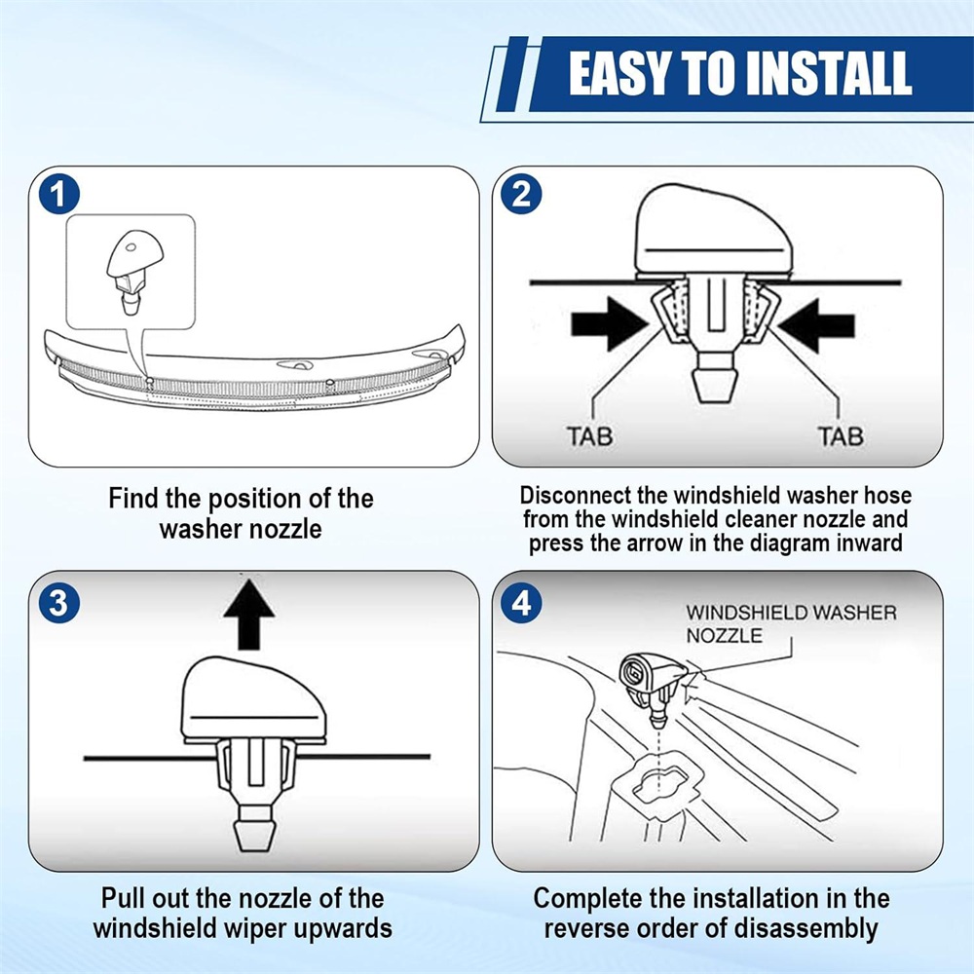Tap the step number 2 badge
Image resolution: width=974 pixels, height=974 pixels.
[x=521, y=195]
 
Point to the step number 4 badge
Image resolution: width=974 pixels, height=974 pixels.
[x=521, y=602]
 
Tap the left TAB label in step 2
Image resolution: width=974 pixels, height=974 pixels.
[x=589, y=436]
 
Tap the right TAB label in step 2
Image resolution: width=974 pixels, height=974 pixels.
[x=841, y=436]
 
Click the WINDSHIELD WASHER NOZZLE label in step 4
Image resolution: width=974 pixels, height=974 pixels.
[x=791, y=623]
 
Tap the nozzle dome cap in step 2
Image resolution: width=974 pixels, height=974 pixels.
[x=714, y=231]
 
